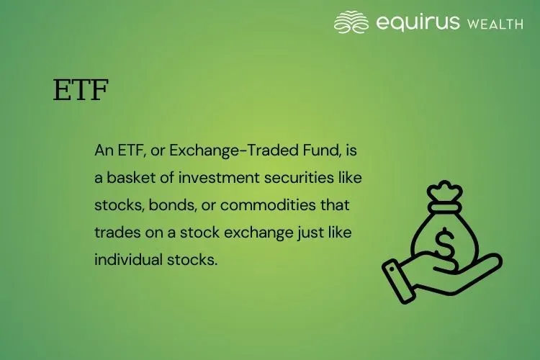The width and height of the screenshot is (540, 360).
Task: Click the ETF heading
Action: tap(81, 91)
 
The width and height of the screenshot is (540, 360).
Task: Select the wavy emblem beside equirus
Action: tap(351, 22)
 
